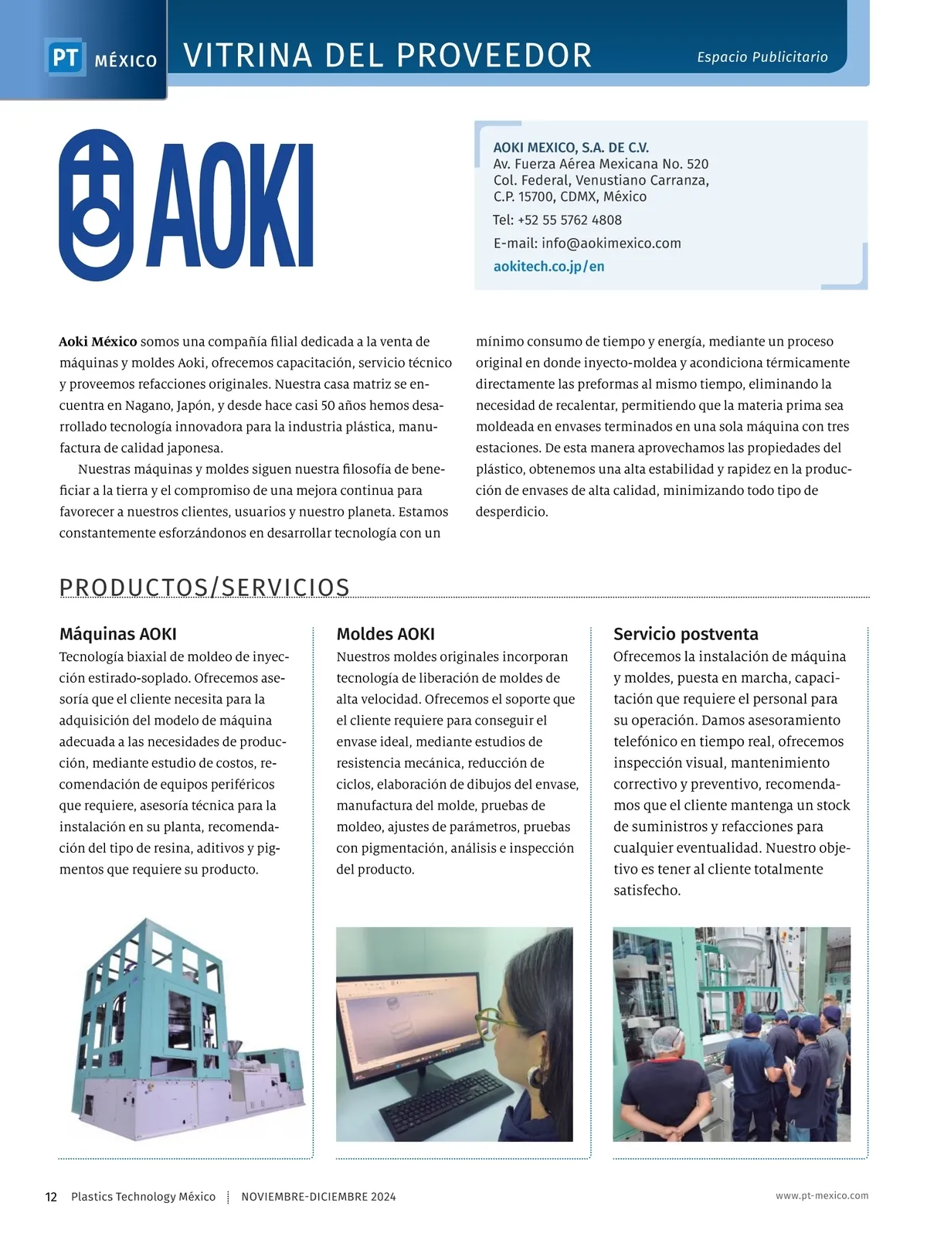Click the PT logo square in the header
coord(65,58)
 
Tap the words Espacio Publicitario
coord(762,57)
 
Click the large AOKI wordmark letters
coord(230,206)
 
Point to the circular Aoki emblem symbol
coord(95,205)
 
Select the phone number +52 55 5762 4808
coord(569,220)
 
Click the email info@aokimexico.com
coord(611,244)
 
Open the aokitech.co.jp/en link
coord(548,267)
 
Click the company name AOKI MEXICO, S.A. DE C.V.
coord(571,148)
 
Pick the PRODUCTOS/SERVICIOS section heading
coord(205,588)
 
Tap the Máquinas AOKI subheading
coord(118,634)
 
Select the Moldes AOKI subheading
coord(385,634)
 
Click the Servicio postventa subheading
coord(685,634)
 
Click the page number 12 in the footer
coord(51,1197)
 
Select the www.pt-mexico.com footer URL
coord(822,1196)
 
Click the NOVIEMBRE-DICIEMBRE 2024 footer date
coord(318,1197)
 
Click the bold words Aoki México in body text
coord(98,342)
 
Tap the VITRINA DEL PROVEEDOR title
coord(388,56)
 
